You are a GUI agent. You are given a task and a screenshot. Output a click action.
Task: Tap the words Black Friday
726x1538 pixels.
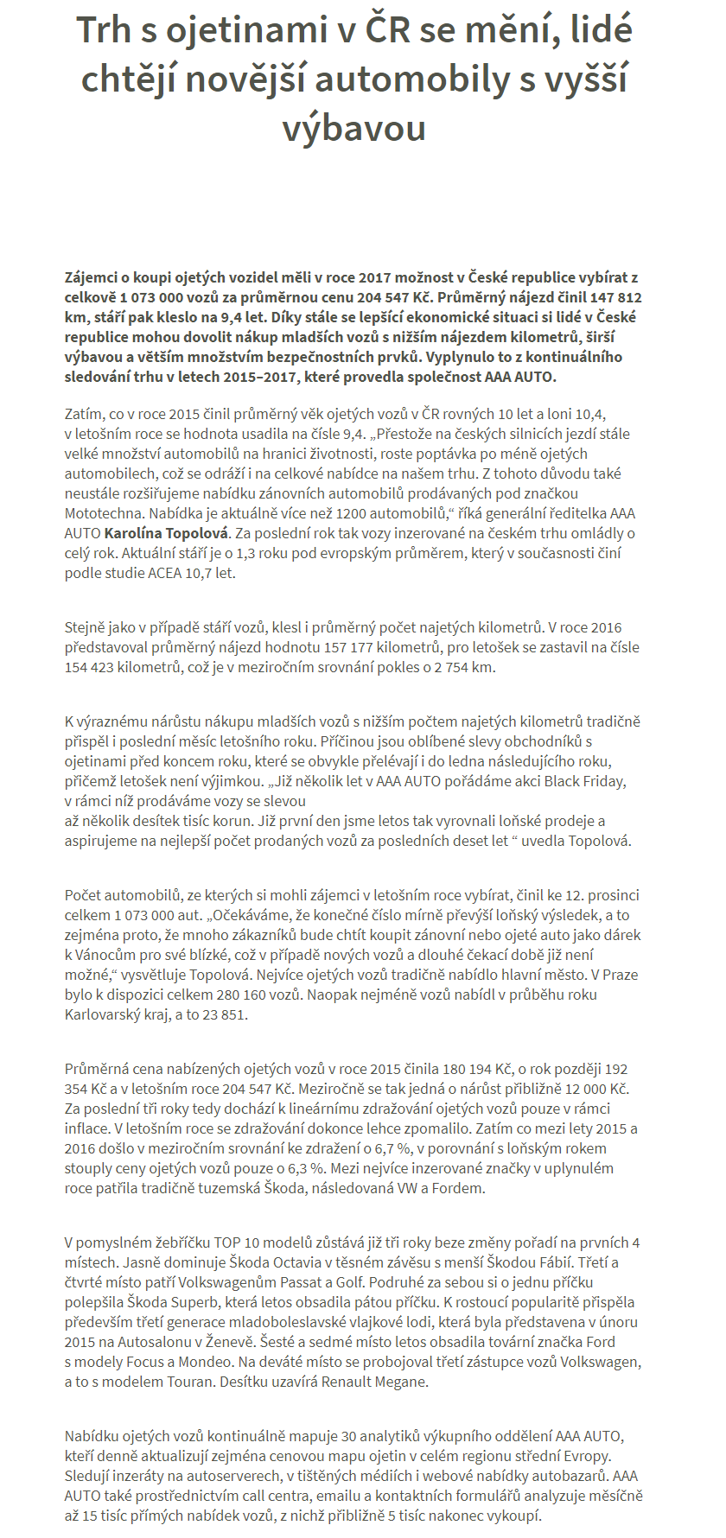[x=584, y=781]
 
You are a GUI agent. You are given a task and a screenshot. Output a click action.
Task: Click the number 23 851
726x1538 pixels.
[x=224, y=1014]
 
